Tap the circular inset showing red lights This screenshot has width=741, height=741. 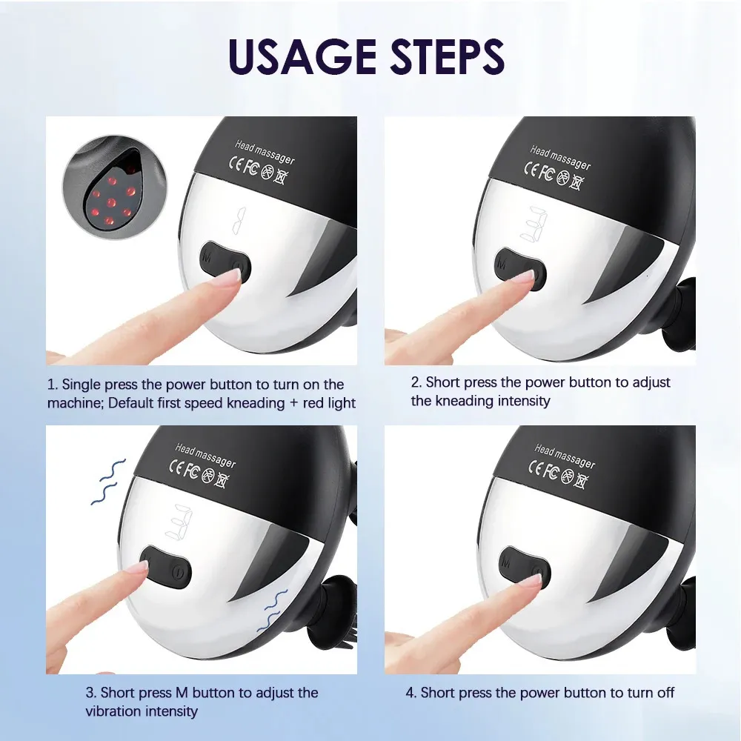click(115, 187)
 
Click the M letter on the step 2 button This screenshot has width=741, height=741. click(502, 264)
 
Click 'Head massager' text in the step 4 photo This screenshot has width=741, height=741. click(565, 456)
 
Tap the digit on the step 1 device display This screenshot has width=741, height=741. click(239, 220)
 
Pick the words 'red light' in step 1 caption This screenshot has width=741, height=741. click(329, 403)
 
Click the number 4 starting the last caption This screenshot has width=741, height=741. click(410, 693)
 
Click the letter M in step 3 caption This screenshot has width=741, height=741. click(182, 693)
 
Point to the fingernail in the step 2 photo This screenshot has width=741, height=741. click(525, 279)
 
